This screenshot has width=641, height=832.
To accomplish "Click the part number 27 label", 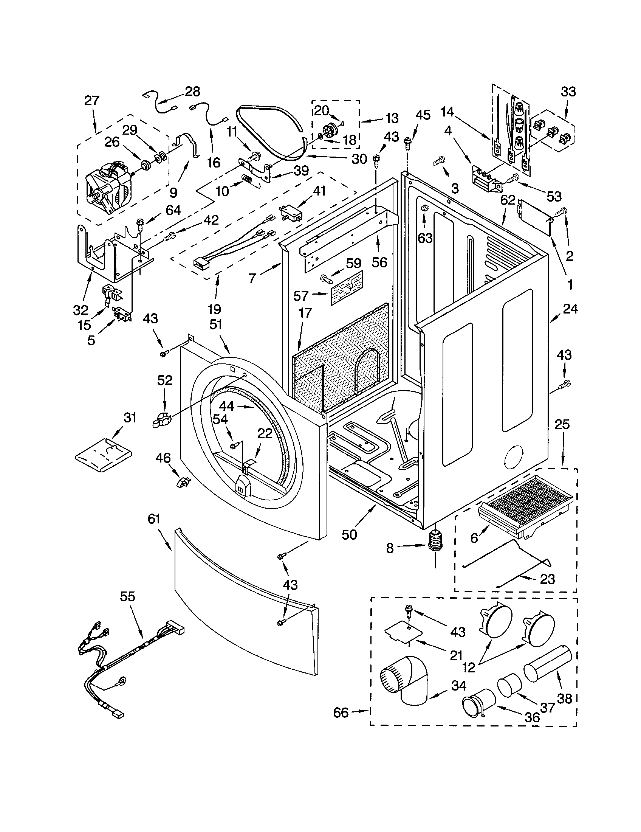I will point(91,101).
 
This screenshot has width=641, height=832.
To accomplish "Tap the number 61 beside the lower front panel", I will point(154,519).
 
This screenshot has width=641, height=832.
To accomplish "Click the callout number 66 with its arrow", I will point(341,712).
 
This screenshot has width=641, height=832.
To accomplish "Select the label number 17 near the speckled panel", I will point(305,313).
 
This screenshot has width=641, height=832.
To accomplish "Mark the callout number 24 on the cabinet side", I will point(570,309).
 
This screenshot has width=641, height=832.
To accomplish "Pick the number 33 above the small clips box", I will point(568,92).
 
